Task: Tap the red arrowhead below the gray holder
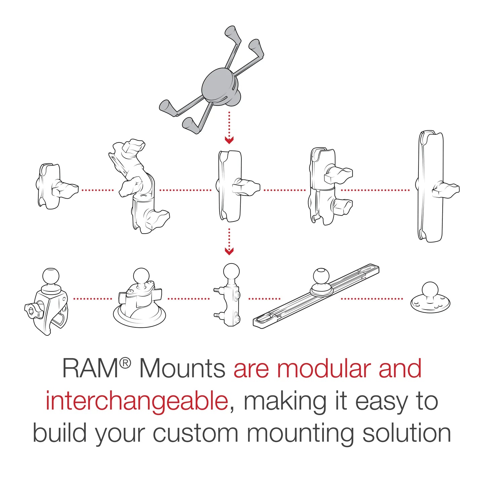[x=229, y=140]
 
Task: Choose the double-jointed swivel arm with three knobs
[x=139, y=187]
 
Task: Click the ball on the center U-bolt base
[x=231, y=271]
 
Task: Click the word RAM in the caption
[x=90, y=369]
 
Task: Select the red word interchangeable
[x=137, y=401]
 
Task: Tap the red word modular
[x=325, y=369]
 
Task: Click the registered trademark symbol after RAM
[x=125, y=363]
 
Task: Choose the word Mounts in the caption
[x=182, y=369]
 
